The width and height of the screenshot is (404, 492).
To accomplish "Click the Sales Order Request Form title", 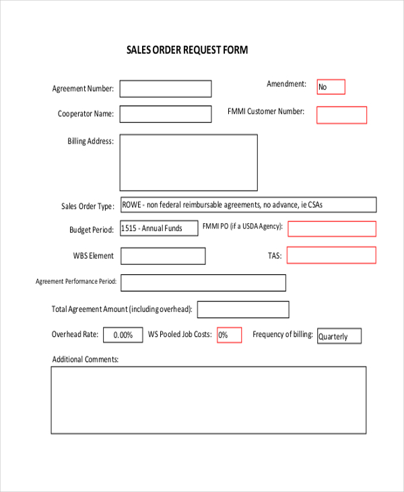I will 187,50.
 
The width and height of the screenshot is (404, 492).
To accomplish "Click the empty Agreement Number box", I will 166,89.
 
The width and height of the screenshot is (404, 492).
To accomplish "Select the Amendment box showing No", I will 331,87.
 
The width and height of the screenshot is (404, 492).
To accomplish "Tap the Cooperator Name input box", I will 166,114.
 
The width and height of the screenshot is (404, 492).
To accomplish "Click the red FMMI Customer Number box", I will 341,115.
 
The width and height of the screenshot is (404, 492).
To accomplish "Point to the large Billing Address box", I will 189,162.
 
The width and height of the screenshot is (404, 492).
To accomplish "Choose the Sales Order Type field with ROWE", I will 248,205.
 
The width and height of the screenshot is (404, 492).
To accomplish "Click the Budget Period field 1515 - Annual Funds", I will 159,228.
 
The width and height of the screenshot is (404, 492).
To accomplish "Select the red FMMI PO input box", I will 332,228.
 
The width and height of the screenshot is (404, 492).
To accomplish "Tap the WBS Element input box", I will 163,256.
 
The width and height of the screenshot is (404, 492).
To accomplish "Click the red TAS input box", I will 332,255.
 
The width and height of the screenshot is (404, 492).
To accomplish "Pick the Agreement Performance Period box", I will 203,282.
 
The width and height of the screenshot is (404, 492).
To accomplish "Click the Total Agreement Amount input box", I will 243,309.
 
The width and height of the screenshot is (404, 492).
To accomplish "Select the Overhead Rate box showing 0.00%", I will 123,335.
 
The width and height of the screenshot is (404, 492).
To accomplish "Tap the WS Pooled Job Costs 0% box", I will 229,335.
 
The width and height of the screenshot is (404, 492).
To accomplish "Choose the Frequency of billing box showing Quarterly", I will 339,336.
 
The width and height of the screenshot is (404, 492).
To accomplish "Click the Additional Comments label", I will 86,359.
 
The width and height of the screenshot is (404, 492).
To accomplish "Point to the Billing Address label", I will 90,142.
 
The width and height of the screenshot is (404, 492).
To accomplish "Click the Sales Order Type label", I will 88,206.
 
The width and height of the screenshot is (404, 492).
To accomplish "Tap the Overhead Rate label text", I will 75,334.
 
